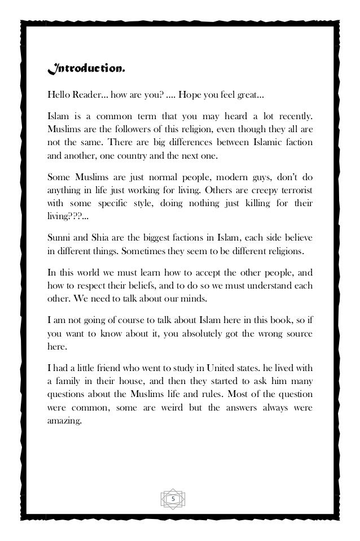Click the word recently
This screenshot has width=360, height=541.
click(x=292, y=116)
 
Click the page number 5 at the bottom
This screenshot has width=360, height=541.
click(x=173, y=499)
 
